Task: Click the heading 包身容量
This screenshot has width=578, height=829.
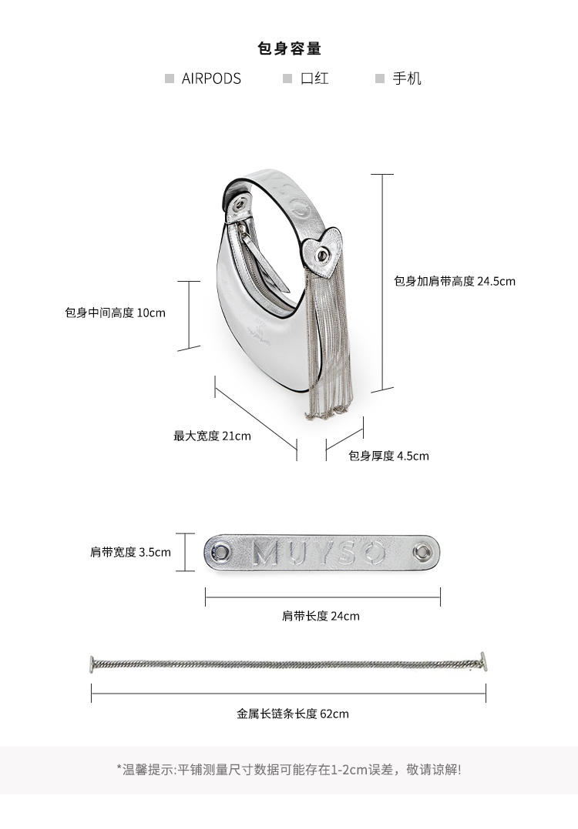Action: [289, 48]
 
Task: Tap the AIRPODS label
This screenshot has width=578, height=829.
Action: [211, 79]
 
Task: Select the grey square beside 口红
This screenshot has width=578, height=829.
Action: [287, 79]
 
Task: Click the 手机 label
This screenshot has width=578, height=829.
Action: [407, 79]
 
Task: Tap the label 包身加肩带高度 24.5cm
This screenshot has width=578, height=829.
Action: [455, 282]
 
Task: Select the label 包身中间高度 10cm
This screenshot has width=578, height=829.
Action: [116, 313]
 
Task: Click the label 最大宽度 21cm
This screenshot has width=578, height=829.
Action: [212, 436]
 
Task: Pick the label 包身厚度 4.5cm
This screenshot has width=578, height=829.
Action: [388, 456]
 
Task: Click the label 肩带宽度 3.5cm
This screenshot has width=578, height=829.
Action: [130, 552]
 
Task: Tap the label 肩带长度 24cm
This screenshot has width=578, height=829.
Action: [321, 616]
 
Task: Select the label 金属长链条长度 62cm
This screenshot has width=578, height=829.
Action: [293, 714]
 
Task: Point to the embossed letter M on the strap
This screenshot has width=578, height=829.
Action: [267, 552]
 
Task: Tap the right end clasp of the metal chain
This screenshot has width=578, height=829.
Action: [482, 662]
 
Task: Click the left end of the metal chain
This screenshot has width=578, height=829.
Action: [93, 663]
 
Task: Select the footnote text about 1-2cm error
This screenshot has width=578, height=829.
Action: [289, 769]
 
